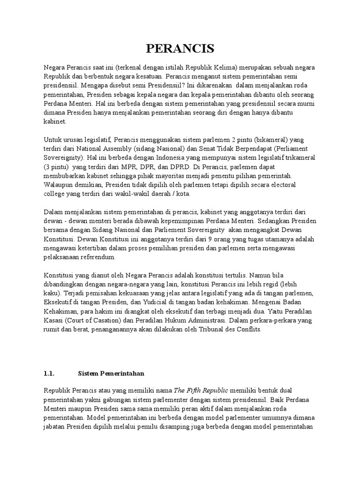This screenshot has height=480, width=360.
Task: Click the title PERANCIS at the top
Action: (180, 48)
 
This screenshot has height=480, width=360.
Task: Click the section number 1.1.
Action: (49, 374)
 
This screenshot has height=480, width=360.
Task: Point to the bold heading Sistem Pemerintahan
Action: (111, 374)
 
